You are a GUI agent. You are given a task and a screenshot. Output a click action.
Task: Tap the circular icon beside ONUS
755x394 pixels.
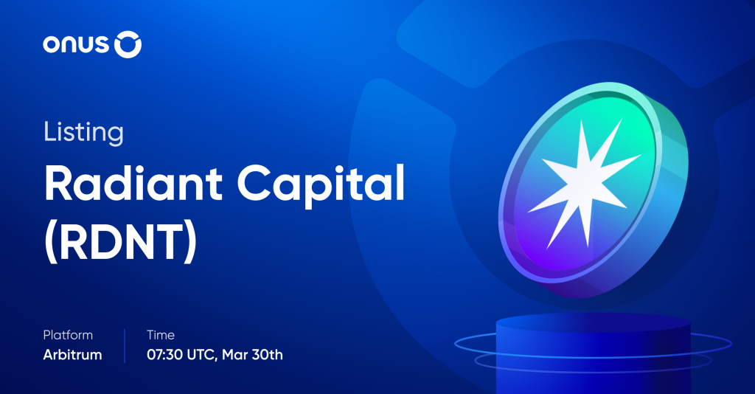(128, 45)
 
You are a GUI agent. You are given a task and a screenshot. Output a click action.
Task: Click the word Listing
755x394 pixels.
(83, 134)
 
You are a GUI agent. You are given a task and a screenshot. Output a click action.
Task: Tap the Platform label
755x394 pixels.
(69, 335)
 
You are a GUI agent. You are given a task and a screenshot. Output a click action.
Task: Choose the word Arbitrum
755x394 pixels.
(72, 355)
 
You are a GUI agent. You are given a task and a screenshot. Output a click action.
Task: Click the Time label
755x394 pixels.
(161, 335)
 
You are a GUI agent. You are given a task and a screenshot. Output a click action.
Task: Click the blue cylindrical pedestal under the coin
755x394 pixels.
(594, 354)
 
